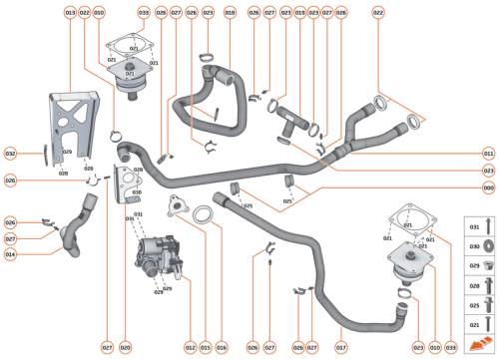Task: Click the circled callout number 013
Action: tap(70, 12)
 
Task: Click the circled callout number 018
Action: tap(230, 12)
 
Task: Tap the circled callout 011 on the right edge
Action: tap(488, 154)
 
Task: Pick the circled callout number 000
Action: tap(488, 186)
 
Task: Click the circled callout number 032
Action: tap(10, 154)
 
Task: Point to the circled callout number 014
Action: tap(10, 253)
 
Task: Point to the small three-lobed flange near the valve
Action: tap(179, 208)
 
